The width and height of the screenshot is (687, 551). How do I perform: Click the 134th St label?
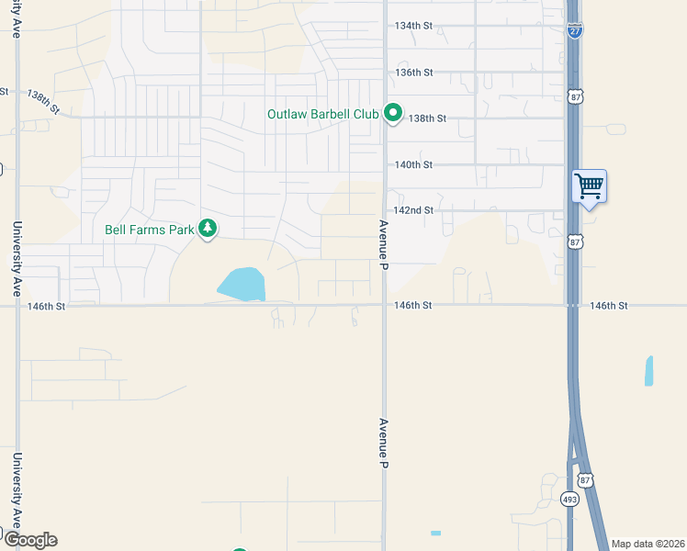(412, 26)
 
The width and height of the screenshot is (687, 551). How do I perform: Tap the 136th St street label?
(413, 72)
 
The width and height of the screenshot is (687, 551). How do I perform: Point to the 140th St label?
(413, 164)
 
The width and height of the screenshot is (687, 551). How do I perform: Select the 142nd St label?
(413, 210)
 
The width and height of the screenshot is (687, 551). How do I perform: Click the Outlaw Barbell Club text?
(322, 115)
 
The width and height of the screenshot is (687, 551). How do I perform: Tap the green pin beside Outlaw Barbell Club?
(393, 114)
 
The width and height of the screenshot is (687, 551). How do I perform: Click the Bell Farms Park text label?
(149, 229)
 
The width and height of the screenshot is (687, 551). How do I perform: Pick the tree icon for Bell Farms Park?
(208, 228)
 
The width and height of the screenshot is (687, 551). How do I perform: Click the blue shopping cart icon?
(589, 187)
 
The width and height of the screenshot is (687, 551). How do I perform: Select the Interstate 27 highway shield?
(575, 31)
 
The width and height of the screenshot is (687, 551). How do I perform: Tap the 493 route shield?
(569, 498)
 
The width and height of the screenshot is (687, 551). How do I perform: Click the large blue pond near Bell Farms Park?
(242, 285)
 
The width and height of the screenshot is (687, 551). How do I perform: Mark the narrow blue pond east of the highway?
(649, 370)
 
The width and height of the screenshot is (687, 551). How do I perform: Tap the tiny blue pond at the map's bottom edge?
(435, 533)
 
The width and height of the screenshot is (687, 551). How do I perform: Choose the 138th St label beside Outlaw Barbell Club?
(427, 118)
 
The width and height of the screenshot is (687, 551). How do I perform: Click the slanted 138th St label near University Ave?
(43, 102)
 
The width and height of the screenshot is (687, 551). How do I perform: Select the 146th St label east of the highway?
(608, 305)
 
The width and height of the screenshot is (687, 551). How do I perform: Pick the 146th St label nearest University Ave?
(47, 306)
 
